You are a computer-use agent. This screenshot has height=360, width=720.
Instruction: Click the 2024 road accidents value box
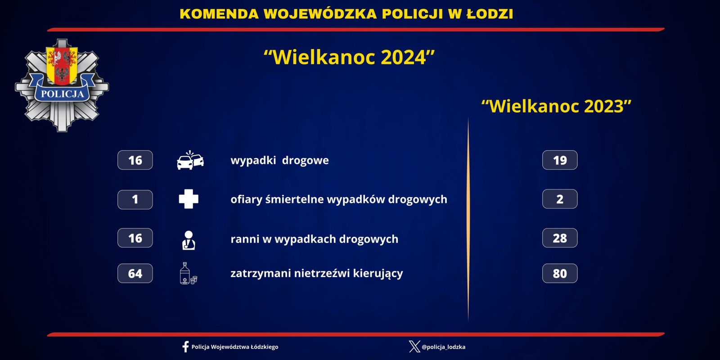pyautogui.click(x=135, y=160)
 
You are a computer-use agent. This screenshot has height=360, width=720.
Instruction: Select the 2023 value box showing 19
pyautogui.click(x=560, y=160)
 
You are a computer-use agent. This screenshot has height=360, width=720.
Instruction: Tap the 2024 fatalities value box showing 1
pyautogui.click(x=135, y=200)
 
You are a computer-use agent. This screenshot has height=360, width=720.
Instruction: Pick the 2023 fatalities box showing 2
pyautogui.click(x=560, y=199)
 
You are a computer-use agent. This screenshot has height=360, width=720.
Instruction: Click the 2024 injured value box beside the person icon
pyautogui.click(x=135, y=238)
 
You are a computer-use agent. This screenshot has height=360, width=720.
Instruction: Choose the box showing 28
pyautogui.click(x=560, y=238)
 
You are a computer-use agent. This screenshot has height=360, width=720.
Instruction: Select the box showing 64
pyautogui.click(x=135, y=273)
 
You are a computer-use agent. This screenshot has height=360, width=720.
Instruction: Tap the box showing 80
pyautogui.click(x=560, y=273)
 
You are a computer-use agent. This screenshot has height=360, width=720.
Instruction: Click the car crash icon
pyautogui.click(x=190, y=160)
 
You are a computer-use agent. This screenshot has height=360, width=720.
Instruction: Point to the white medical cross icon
pyautogui.click(x=189, y=199)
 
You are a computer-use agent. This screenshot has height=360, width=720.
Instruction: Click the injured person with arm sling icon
pyautogui.click(x=189, y=240)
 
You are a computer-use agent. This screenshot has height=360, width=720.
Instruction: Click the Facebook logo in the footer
pyautogui.click(x=185, y=347)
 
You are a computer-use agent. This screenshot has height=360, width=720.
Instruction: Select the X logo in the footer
pyautogui.click(x=414, y=347)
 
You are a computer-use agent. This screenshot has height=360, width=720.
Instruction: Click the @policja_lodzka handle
pyautogui.click(x=444, y=347)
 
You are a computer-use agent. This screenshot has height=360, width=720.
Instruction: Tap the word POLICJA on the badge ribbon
pyautogui.click(x=63, y=94)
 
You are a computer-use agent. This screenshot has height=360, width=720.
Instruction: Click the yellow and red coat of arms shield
pyautogui.click(x=62, y=66)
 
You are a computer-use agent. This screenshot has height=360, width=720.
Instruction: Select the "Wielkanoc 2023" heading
pyautogui.click(x=556, y=106)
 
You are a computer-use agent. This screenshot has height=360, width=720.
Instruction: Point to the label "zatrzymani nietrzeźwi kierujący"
pyautogui.click(x=317, y=274)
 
